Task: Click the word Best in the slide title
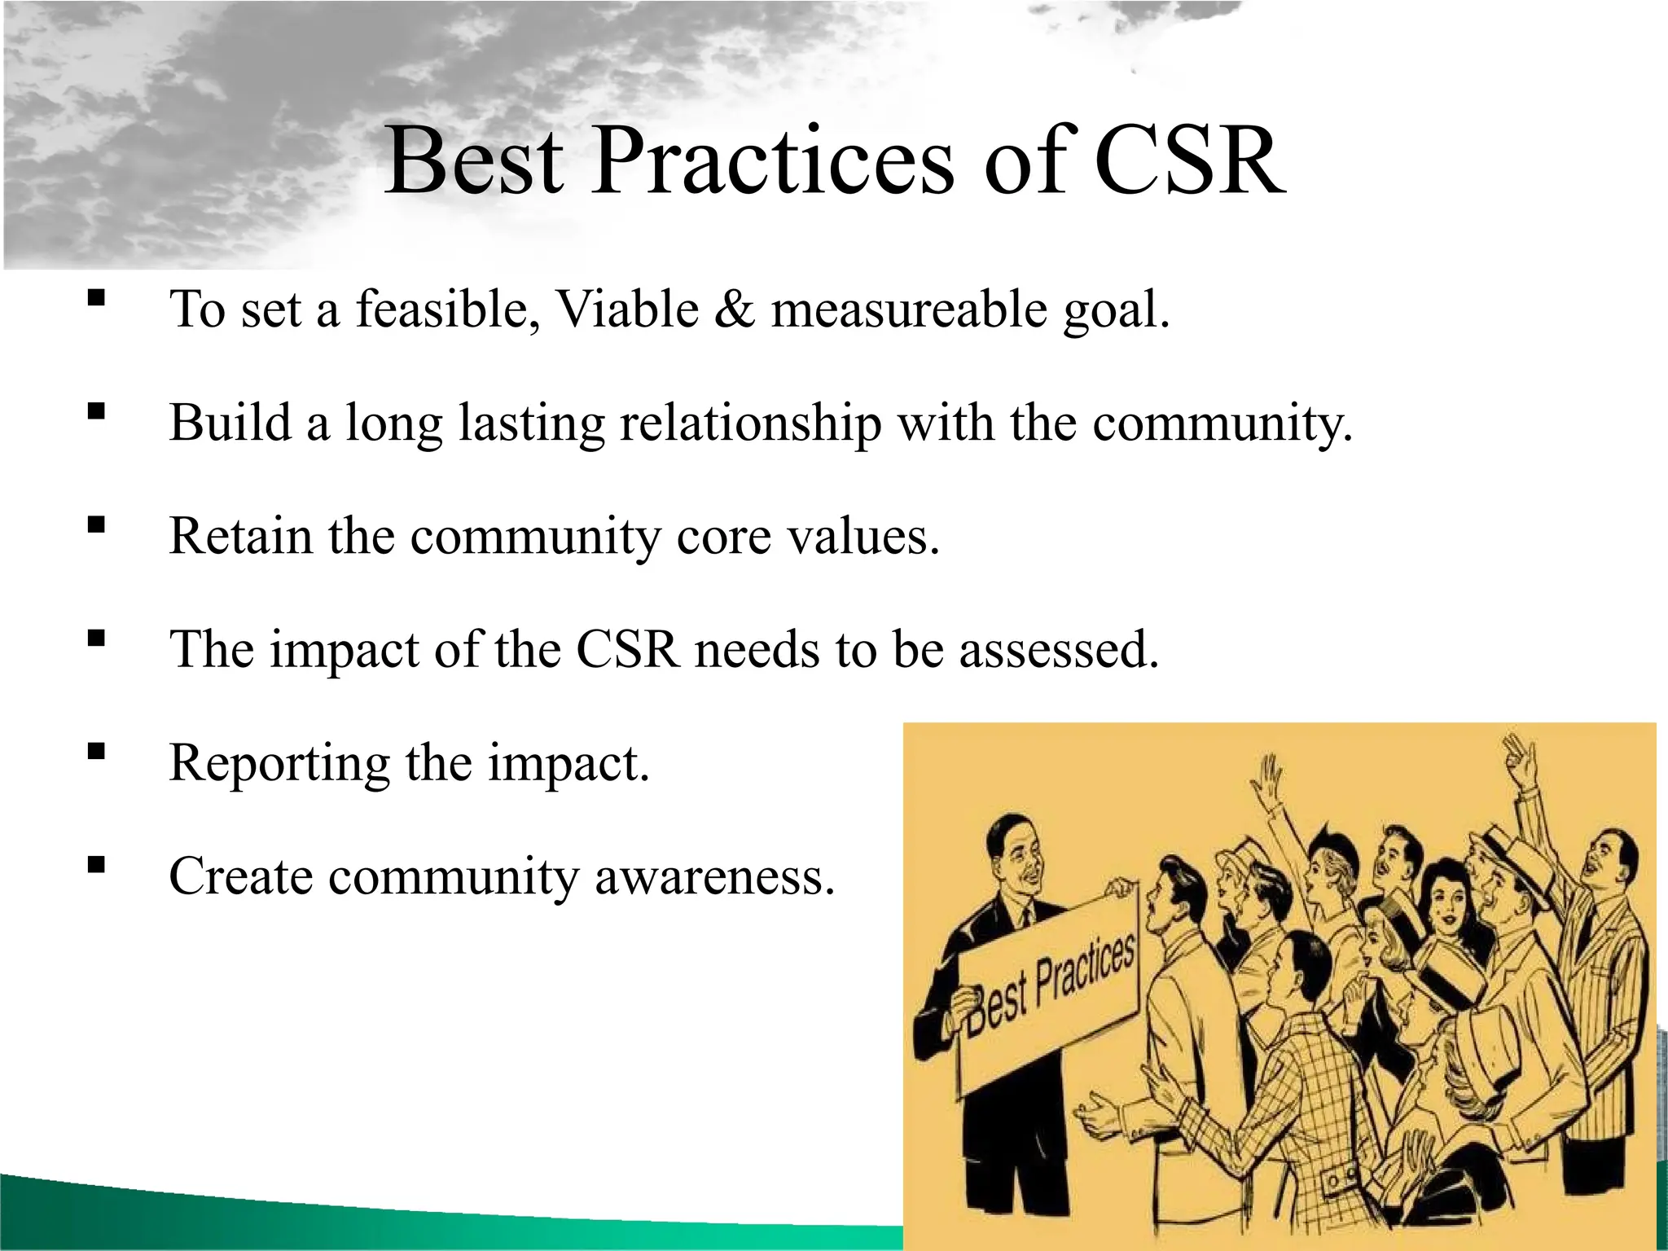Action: pyautogui.click(x=473, y=161)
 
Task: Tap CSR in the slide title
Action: pyautogui.click(x=1188, y=161)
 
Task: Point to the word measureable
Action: pyautogui.click(x=908, y=310)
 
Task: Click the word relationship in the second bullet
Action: pyautogui.click(x=750, y=424)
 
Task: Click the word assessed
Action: pyautogui.click(x=1058, y=650)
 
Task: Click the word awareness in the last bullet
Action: pyautogui.click(x=714, y=877)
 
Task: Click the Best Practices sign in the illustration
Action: pyautogui.click(x=1051, y=990)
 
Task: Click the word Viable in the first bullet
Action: pyautogui.click(x=627, y=310)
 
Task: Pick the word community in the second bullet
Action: pyautogui.click(x=1222, y=424)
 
